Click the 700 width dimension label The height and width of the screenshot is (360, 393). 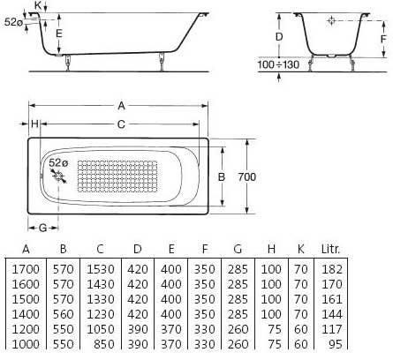pos(247,176)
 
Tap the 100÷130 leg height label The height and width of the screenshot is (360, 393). pos(278,64)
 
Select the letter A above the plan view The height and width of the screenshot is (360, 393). pos(121,106)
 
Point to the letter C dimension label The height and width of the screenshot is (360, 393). pos(121,124)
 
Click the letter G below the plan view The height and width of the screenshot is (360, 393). pos(43,228)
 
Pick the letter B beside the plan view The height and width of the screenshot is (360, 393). pos(222,176)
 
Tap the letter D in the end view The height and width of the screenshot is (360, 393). pos(279,37)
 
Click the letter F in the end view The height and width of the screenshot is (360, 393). pos(383,39)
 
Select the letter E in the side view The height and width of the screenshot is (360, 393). pos(59,34)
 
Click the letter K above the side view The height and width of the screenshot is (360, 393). pos(38,5)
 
